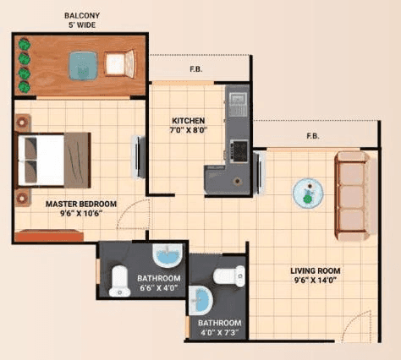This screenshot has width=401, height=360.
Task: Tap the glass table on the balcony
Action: tap(83, 64)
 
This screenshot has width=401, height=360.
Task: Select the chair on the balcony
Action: tap(120, 64)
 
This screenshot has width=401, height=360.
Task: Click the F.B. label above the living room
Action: tap(312, 135)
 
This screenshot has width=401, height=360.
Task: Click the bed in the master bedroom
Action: tap(52, 157)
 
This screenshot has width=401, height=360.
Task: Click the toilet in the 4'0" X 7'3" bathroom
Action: tap(229, 275)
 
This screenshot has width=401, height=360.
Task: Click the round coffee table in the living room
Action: tap(307, 194)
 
